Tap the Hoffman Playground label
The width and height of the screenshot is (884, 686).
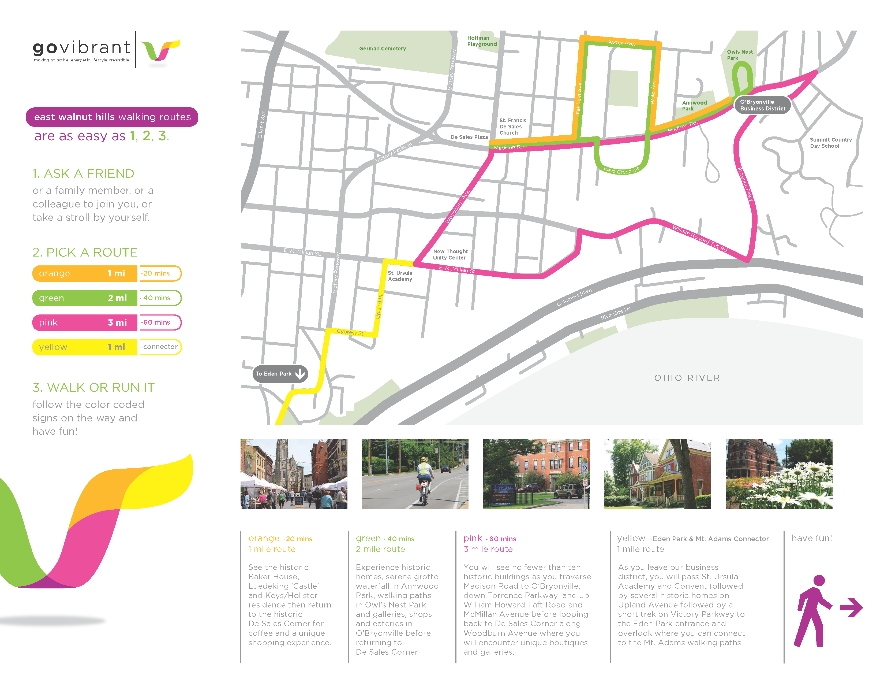482,41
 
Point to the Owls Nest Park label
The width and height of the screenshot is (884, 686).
740,55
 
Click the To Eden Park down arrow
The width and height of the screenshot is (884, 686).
300,373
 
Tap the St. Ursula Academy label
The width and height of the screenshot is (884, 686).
400,276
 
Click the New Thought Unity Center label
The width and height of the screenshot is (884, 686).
450,254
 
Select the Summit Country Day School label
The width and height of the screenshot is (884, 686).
831,143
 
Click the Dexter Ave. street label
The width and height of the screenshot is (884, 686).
620,43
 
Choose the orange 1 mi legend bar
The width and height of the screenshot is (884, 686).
85,273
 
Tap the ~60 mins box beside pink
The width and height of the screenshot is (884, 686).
160,322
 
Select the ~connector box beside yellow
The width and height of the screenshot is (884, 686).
160,347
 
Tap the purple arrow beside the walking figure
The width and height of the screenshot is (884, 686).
852,607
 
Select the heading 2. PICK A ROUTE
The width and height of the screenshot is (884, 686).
85,252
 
